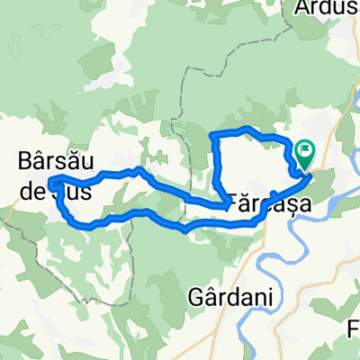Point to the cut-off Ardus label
click(327, 9)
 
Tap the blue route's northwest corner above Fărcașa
click(212, 134)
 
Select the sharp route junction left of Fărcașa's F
click(223, 205)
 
